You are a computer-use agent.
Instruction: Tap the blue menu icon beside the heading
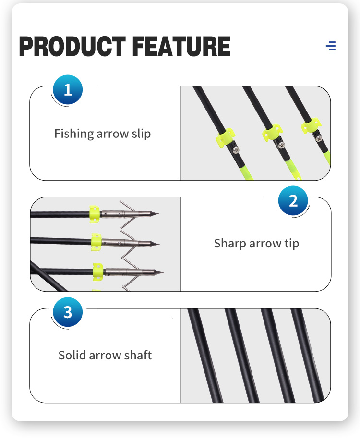point(331,46)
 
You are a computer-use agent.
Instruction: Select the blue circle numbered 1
point(68,89)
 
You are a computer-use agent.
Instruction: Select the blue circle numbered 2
point(293,200)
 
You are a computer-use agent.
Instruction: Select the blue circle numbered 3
point(68,312)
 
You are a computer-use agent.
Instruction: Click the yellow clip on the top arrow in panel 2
point(94,213)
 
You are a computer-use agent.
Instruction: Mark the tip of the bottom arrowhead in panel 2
point(163,272)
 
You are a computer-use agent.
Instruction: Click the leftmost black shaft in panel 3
point(205,356)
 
